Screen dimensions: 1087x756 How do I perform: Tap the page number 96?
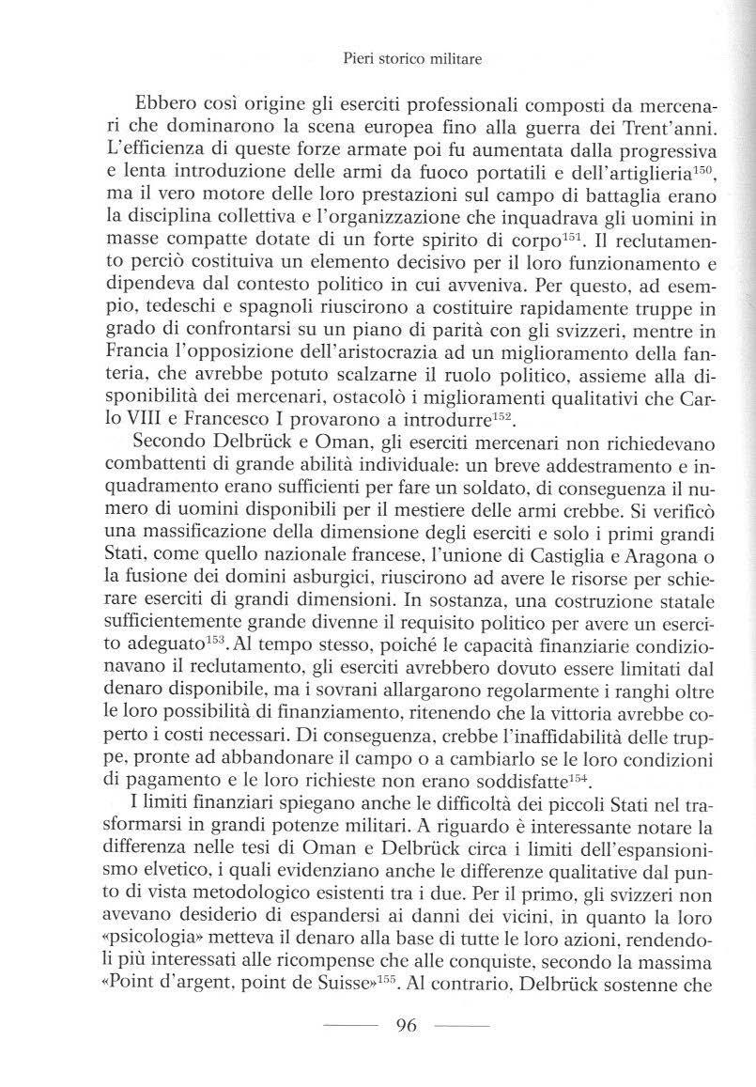pyautogui.click(x=407, y=1025)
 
